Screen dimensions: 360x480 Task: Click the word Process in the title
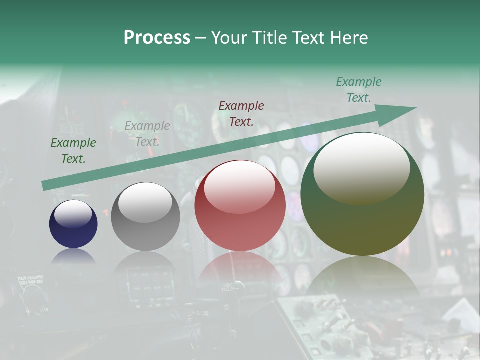[x=157, y=38]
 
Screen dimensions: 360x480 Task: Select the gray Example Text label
[x=147, y=134]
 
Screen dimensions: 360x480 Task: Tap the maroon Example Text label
[x=241, y=113]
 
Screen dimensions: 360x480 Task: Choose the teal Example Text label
[x=359, y=90]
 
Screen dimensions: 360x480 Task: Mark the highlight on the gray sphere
[x=145, y=202]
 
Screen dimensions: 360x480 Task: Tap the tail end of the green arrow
[x=46, y=185]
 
